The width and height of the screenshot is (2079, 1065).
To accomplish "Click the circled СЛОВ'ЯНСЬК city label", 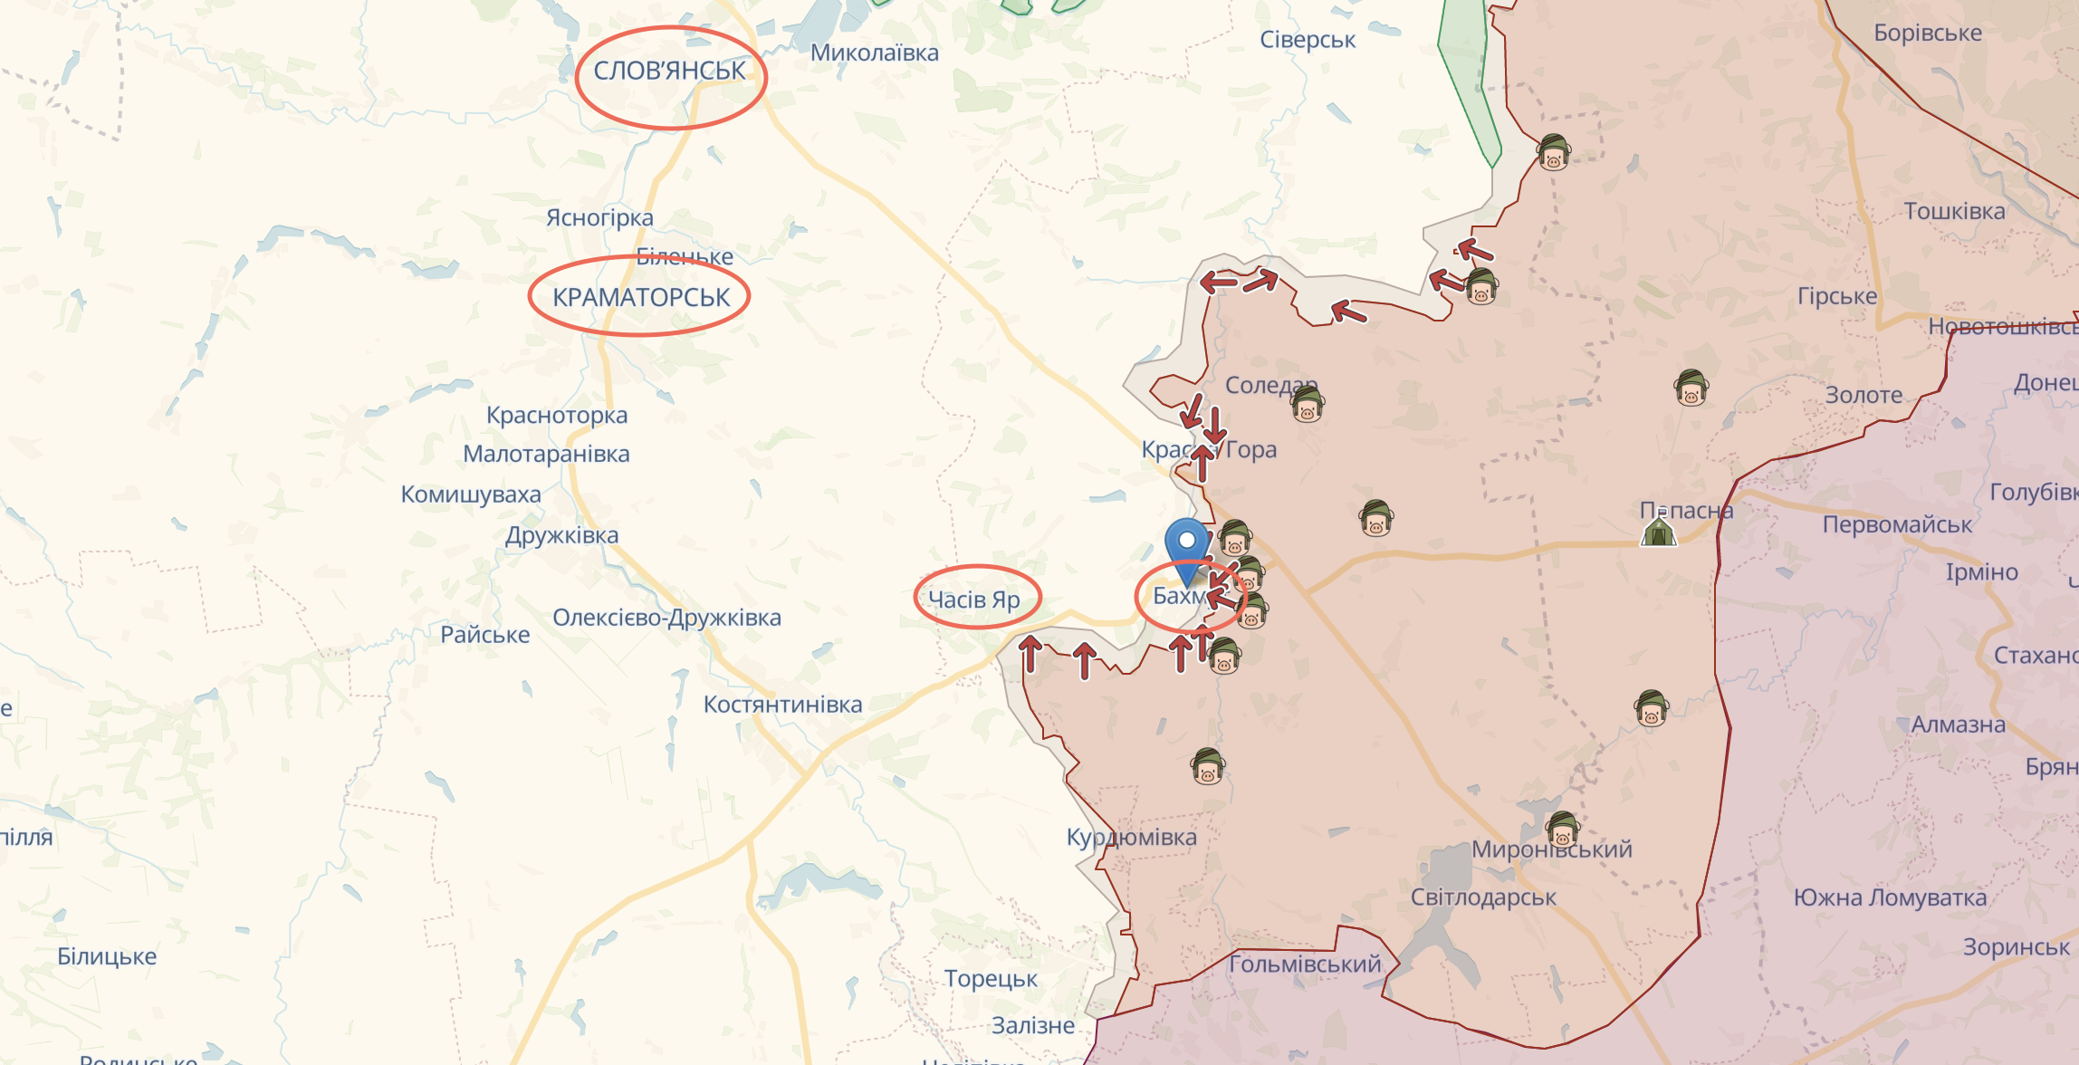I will pyautogui.click(x=669, y=71).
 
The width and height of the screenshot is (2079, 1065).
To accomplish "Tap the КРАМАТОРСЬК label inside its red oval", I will pyautogui.click(x=640, y=297).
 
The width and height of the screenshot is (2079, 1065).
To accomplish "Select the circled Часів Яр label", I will pyautogui.click(x=974, y=600).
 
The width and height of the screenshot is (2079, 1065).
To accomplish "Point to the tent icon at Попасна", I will pyautogui.click(x=1658, y=531).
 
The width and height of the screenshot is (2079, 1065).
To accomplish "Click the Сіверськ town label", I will pyautogui.click(x=1308, y=40).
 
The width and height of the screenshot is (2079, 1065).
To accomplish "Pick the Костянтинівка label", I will pyautogui.click(x=782, y=705).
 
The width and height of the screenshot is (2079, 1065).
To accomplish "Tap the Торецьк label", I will pyautogui.click(x=991, y=979).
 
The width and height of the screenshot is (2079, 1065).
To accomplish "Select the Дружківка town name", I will pyautogui.click(x=561, y=535).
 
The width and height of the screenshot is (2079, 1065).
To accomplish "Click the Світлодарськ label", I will pyautogui.click(x=1483, y=897).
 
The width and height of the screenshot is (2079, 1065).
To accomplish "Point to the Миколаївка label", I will pyautogui.click(x=874, y=53).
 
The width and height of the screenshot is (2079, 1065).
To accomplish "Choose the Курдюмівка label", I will pyautogui.click(x=1131, y=837).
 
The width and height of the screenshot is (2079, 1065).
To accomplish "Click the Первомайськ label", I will pyautogui.click(x=1897, y=524).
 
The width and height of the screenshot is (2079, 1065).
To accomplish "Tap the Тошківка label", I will pyautogui.click(x=1954, y=211).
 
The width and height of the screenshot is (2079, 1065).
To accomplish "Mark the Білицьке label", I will pyautogui.click(x=107, y=956).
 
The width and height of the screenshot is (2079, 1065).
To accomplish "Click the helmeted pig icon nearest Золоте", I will pyautogui.click(x=1691, y=389).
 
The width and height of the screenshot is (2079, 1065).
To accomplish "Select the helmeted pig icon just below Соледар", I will pyautogui.click(x=1307, y=405).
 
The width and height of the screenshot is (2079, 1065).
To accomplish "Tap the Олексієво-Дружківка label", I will pyautogui.click(x=666, y=618).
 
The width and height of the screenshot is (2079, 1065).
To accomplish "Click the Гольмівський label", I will pyautogui.click(x=1305, y=964).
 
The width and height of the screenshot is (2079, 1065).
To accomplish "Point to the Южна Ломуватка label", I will pyautogui.click(x=1890, y=897).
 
